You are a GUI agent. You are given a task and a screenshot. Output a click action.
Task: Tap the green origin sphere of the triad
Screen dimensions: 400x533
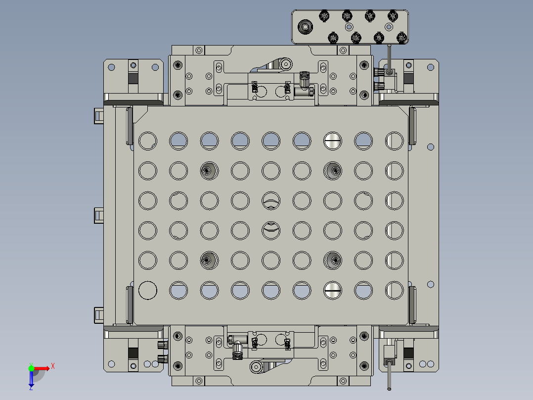[x=31, y=368]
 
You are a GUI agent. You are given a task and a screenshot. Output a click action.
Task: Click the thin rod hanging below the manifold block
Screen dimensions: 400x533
[x=390, y=57]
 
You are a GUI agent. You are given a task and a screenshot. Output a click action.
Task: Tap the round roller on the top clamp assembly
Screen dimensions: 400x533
[x=285, y=64]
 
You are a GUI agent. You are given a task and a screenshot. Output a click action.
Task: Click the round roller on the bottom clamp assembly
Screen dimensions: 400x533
[x=256, y=367]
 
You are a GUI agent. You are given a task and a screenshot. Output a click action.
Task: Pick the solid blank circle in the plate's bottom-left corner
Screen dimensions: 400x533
[x=147, y=290]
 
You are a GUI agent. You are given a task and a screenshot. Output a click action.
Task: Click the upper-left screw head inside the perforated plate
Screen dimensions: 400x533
[x=209, y=171]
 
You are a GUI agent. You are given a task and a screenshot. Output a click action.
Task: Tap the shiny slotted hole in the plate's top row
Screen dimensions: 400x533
[x=333, y=141]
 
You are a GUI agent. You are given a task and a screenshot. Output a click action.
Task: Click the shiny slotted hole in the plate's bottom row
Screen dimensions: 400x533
[x=333, y=290]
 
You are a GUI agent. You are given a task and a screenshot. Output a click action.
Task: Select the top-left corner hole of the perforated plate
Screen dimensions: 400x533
[x=147, y=141]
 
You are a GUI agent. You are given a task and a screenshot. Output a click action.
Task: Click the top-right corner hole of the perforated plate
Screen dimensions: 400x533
[x=394, y=141]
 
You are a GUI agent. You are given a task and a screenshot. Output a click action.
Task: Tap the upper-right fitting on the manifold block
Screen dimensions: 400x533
[x=392, y=16]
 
